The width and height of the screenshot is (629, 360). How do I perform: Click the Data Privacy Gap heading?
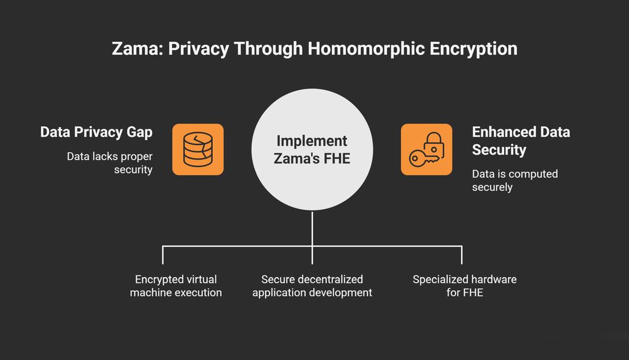tap(96, 132)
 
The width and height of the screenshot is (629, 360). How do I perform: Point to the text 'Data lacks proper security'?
tap(110, 163)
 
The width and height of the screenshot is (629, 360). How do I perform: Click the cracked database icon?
tap(198, 149)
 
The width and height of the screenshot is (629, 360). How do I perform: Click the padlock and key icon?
tap(426, 149)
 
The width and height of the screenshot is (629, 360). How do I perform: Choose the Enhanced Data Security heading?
tap(520, 140)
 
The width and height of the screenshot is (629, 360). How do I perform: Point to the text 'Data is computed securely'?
tap(515, 180)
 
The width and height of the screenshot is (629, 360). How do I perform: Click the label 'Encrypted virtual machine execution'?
tap(176, 286)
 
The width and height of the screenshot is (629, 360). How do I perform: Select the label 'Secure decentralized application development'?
tap(312, 286)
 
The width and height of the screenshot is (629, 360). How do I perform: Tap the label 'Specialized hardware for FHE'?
tap(464, 286)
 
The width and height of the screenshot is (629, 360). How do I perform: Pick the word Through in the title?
tap(268, 49)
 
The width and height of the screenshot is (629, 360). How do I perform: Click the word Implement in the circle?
tap(312, 141)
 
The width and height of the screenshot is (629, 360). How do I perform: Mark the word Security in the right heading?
tap(498, 150)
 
